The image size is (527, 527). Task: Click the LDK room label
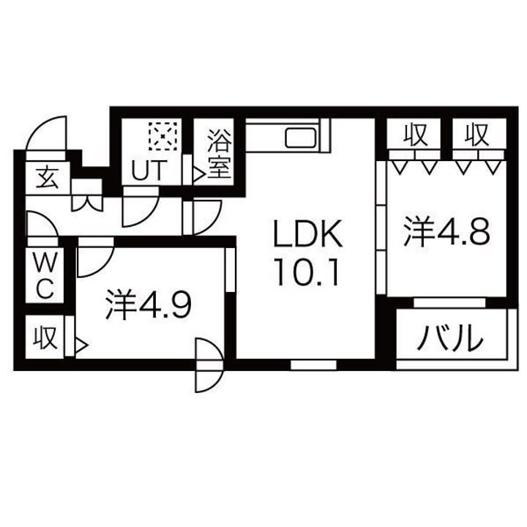click(307, 236)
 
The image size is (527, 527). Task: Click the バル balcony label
click(452, 338)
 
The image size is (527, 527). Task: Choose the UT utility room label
click(149, 171)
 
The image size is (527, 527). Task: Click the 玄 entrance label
click(45, 176)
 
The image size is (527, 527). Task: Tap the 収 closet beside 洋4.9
click(45, 337)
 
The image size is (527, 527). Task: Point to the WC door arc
click(42, 227)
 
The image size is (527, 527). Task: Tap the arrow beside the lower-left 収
click(81, 343)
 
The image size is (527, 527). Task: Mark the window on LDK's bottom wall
click(313, 364)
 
